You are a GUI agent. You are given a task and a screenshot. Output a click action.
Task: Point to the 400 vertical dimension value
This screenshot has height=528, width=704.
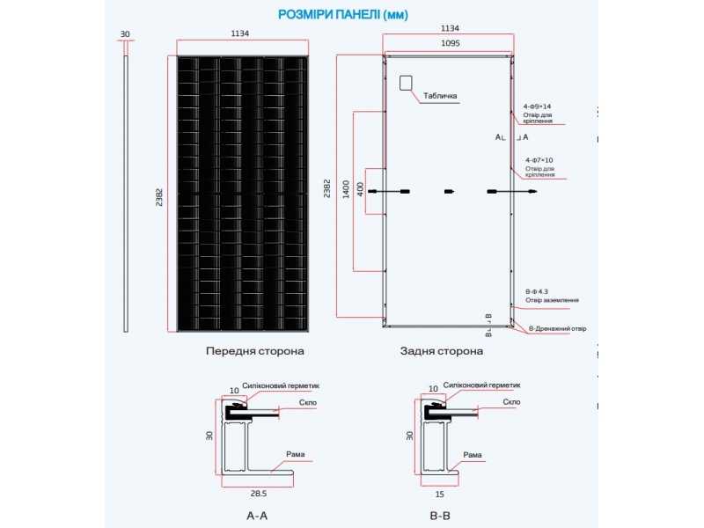pyautogui.click(x=359, y=188)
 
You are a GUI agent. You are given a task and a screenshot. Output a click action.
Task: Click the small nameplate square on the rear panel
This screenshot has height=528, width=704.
pyautogui.click(x=406, y=83)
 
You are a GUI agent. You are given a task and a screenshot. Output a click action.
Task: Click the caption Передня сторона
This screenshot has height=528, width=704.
pyautogui.click(x=255, y=350)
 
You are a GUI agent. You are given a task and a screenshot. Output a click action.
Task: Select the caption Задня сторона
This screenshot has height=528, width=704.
pyautogui.click(x=442, y=350)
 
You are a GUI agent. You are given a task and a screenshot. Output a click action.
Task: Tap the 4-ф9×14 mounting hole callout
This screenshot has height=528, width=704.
pyautogui.click(x=538, y=106)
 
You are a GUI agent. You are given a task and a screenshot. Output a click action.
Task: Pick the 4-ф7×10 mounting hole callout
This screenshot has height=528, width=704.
pyautogui.click(x=538, y=160)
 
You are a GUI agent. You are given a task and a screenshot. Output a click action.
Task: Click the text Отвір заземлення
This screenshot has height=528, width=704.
pyautogui.click(x=552, y=300)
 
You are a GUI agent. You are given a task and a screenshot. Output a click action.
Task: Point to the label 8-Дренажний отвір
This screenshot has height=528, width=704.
pyautogui.click(x=557, y=329)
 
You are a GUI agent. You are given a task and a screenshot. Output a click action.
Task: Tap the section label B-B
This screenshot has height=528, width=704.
pyautogui.click(x=440, y=517)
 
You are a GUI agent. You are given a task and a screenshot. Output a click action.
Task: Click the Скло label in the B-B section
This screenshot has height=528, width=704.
pyautogui.click(x=512, y=402)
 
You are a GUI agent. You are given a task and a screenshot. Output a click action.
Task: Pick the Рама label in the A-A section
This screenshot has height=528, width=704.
pyautogui.click(x=296, y=454)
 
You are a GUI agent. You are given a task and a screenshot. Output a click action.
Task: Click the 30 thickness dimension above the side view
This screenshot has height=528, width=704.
pyautogui.click(x=126, y=34)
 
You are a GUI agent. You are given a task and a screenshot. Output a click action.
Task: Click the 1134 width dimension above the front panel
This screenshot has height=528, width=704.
pyautogui.click(x=240, y=33)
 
